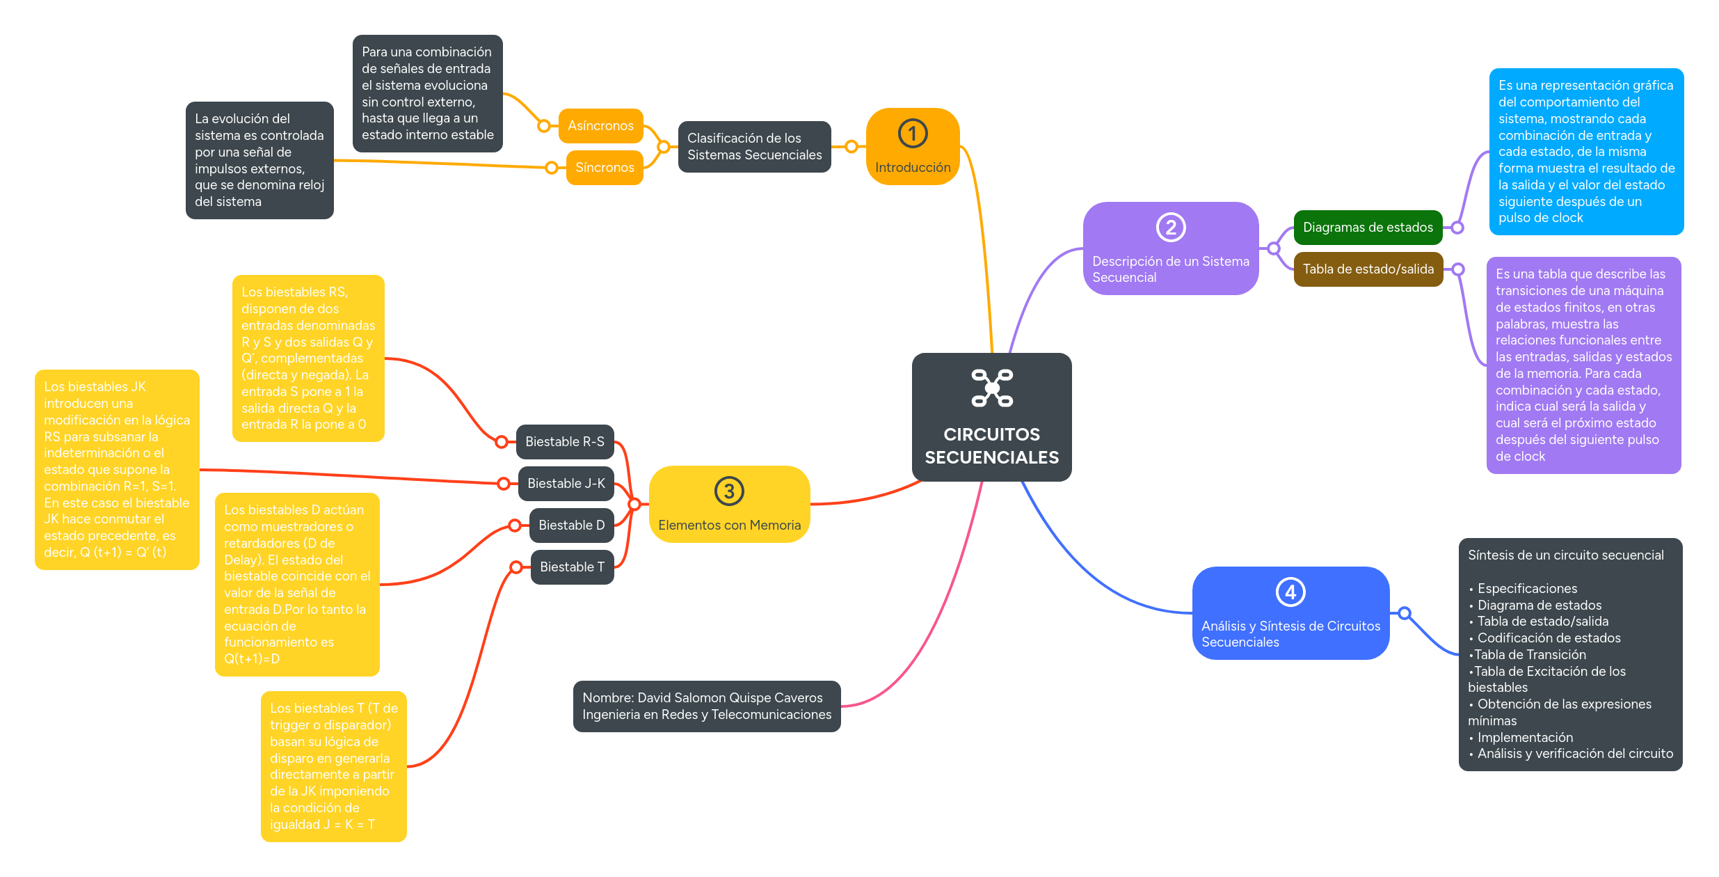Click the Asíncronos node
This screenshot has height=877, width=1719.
point(600,126)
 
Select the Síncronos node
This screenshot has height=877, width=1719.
point(604,168)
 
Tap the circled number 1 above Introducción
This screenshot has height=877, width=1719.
point(912,134)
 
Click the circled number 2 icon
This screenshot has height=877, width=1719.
point(1170,228)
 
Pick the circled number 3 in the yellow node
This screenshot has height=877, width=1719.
point(729,491)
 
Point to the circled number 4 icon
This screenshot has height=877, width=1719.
point(1290,592)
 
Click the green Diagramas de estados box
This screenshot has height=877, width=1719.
point(1367,228)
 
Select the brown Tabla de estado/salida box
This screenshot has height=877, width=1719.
point(1368,269)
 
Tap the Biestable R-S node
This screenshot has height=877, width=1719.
point(564,442)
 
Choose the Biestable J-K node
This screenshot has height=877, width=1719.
point(566,484)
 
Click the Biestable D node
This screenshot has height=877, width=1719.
point(571,526)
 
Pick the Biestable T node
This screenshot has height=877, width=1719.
point(571,567)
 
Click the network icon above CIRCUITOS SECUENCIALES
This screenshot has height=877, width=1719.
point(992,388)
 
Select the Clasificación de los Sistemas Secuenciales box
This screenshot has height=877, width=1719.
point(754,147)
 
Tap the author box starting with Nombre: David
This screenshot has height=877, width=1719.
point(706,706)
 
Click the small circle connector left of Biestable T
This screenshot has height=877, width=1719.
point(516,567)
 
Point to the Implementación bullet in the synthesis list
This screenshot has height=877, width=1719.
point(1524,737)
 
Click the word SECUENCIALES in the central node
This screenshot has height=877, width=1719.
point(991,457)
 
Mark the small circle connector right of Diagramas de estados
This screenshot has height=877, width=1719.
point(1457,228)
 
